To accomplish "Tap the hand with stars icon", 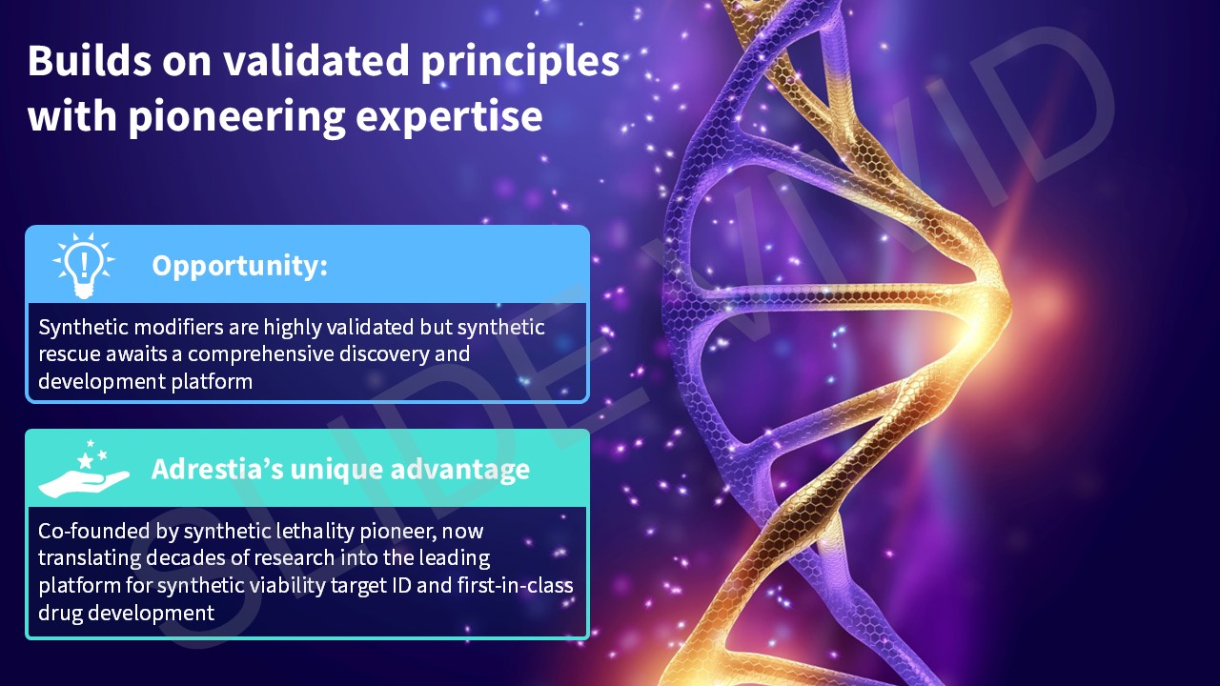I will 84,470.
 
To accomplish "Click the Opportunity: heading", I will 239,266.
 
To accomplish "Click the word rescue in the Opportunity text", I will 69,354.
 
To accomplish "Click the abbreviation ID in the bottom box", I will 398,585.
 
